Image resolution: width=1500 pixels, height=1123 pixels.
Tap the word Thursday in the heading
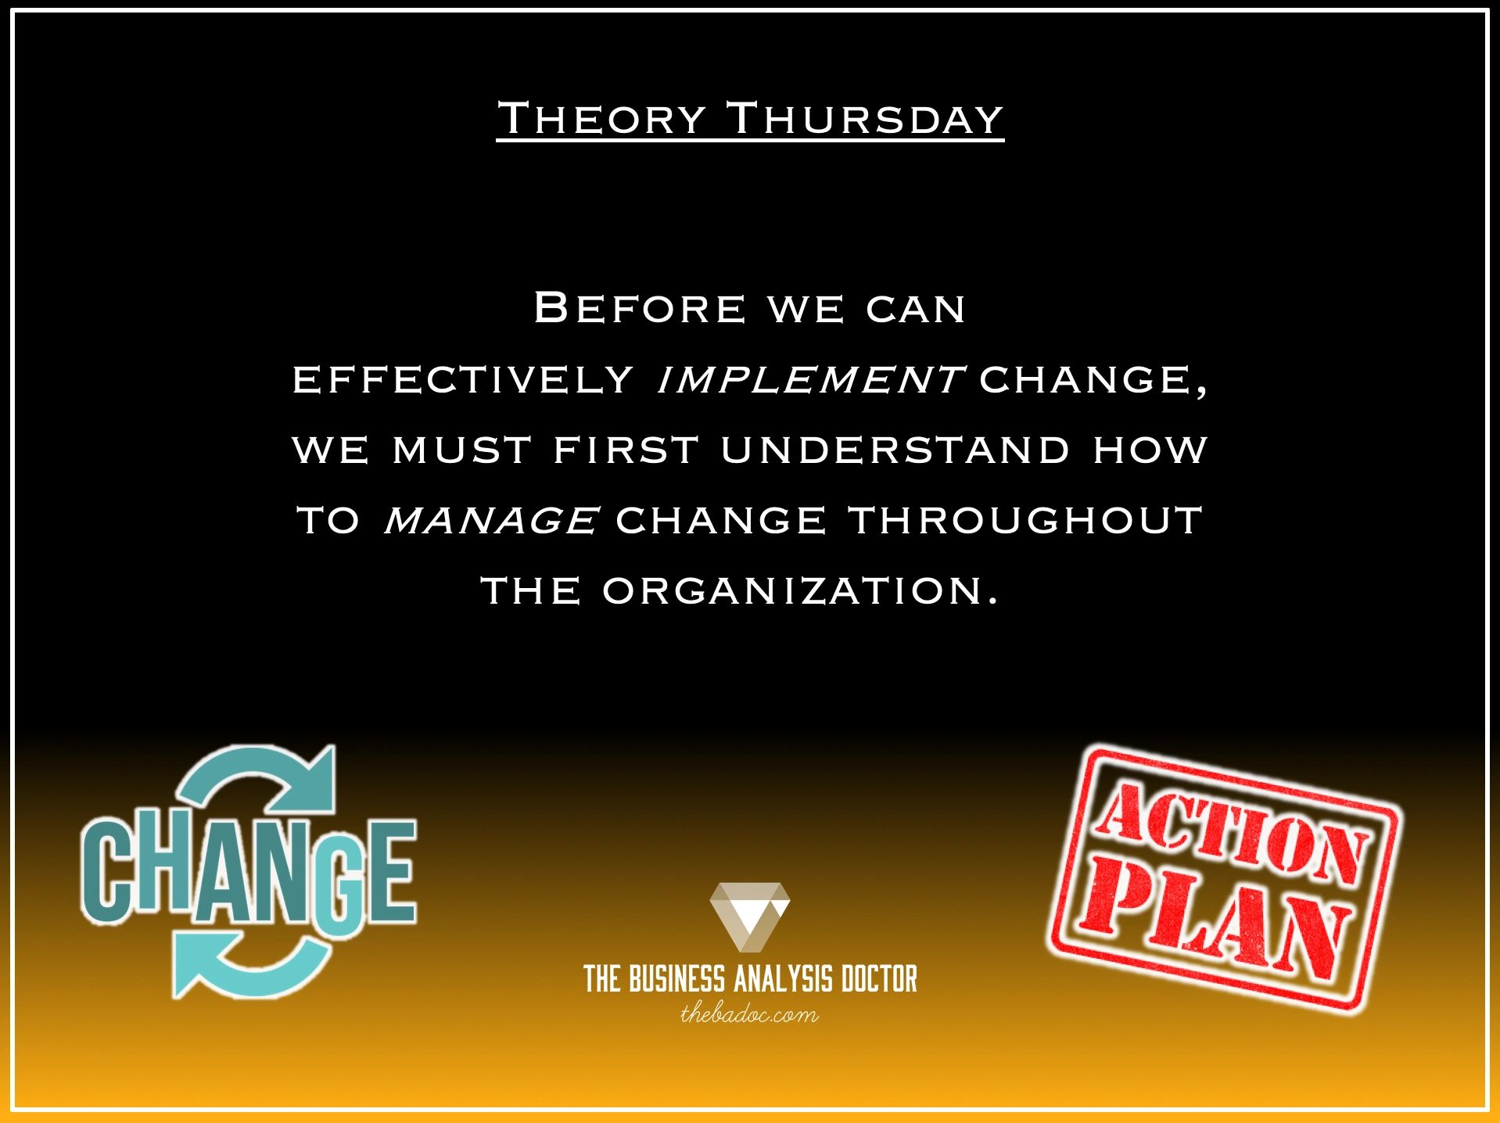pyautogui.click(x=865, y=119)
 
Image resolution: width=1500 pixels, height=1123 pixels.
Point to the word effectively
pyautogui.click(x=463, y=380)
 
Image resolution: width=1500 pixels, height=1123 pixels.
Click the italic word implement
pyautogui.click(x=809, y=380)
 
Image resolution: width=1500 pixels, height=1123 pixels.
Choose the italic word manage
pyautogui.click(x=492, y=521)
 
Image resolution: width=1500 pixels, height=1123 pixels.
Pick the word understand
pyautogui.click(x=895, y=450)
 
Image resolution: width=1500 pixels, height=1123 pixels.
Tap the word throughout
pyautogui.click(x=1025, y=521)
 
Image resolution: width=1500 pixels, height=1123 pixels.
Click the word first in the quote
pyautogui.click(x=626, y=450)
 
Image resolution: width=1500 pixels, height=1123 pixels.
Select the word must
pyautogui.click(x=462, y=450)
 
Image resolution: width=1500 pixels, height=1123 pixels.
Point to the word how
pyautogui.click(x=1150, y=450)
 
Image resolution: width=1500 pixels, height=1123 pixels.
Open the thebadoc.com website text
pyautogui.click(x=749, y=1015)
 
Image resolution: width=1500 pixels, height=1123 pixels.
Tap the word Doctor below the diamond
pyautogui.click(x=878, y=979)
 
